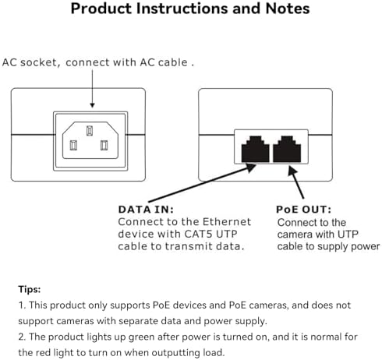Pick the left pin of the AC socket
click(x=75, y=144)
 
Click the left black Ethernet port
click(x=256, y=149)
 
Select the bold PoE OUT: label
click(x=304, y=210)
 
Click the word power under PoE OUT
click(x=363, y=246)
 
